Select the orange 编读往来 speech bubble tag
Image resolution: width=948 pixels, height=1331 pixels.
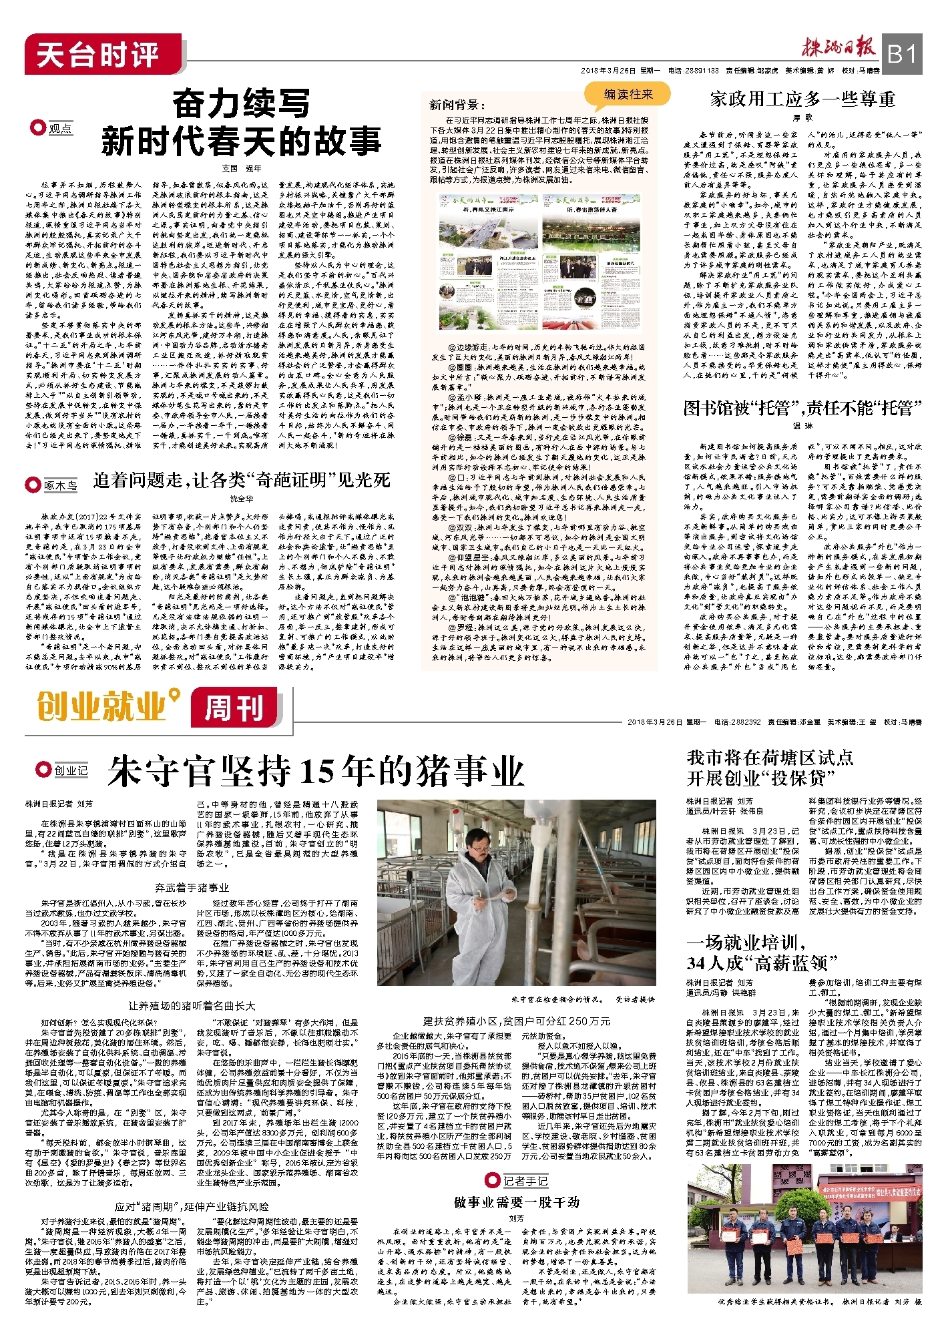click(628, 94)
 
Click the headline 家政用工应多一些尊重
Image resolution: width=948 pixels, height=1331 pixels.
click(802, 99)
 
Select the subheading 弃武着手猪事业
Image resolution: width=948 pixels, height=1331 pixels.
click(192, 888)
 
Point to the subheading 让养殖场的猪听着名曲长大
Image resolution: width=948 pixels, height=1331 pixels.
click(192, 1005)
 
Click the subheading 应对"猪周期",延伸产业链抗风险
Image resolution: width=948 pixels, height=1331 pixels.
click(192, 1206)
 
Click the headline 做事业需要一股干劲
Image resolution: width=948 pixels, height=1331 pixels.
click(516, 1202)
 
